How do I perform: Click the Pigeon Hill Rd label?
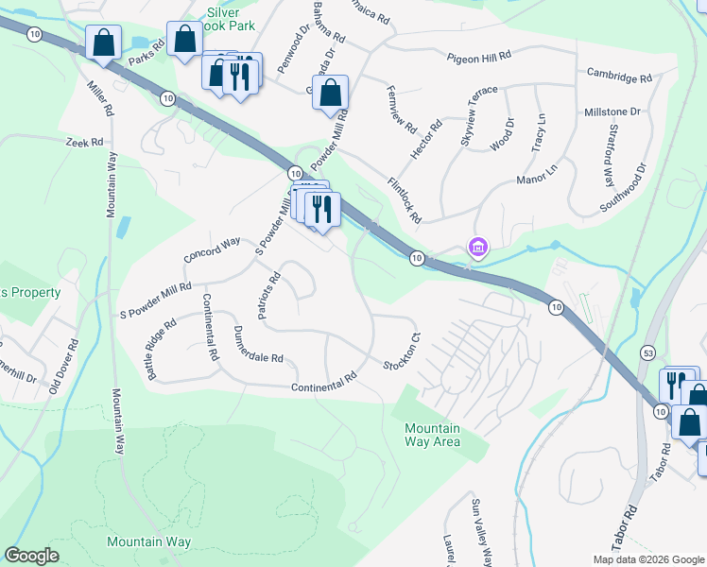[478, 57]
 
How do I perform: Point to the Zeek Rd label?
[83, 143]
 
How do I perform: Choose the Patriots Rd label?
[266, 296]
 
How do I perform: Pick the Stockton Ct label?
[401, 352]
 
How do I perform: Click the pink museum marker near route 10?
[478, 248]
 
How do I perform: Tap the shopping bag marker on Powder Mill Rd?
[330, 93]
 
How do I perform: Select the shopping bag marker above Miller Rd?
[103, 42]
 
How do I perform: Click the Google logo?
[32, 556]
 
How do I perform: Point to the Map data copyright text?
[647, 559]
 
